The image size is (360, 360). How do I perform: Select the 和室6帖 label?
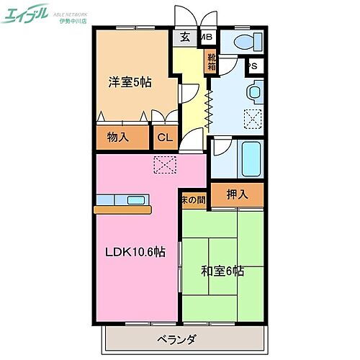click(222, 271)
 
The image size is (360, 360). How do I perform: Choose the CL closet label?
click(165, 137)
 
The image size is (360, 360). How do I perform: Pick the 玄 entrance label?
click(185, 37)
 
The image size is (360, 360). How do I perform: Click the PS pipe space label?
click(253, 66)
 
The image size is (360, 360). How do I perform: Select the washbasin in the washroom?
click(253, 92)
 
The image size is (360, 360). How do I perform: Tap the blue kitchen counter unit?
click(122, 199)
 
